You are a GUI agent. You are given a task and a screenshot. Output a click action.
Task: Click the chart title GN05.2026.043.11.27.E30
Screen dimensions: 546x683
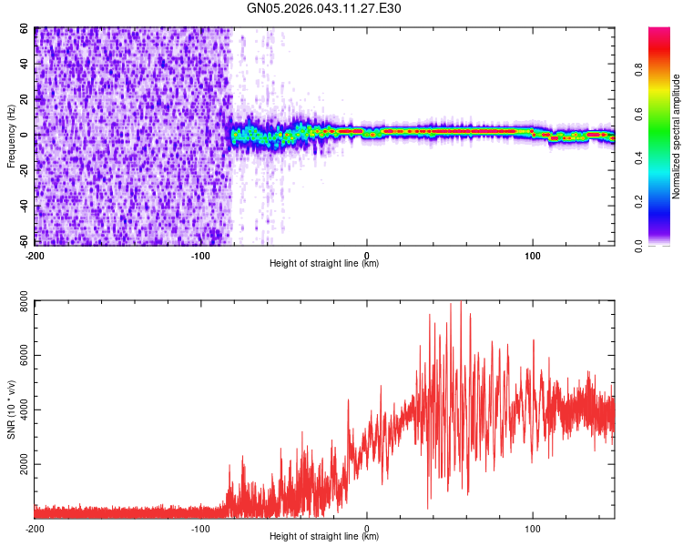tap(324, 8)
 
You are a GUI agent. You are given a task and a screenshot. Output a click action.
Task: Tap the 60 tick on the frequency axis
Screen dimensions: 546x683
tap(25, 29)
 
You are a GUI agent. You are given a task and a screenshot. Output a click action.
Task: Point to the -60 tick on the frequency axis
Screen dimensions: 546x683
tap(24, 241)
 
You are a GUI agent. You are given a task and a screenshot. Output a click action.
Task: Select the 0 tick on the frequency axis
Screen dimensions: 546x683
tap(27, 135)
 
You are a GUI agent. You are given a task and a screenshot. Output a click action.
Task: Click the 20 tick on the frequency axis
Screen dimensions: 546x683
tap(25, 99)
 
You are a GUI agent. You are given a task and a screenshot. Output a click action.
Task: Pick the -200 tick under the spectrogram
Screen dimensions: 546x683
tap(35, 255)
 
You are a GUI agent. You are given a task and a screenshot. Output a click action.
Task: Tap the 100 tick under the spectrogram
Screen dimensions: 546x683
tap(533, 255)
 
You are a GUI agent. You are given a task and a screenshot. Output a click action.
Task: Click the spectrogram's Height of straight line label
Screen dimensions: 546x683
tap(324, 264)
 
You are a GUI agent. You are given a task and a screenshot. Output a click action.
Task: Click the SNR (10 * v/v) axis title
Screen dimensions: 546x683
tap(12, 409)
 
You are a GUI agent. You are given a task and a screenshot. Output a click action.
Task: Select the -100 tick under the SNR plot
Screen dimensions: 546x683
tap(200, 528)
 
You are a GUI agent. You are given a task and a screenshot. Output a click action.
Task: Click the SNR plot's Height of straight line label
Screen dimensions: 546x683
tap(324, 537)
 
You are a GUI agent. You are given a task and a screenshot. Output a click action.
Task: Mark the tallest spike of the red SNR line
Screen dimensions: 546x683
tap(462, 303)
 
